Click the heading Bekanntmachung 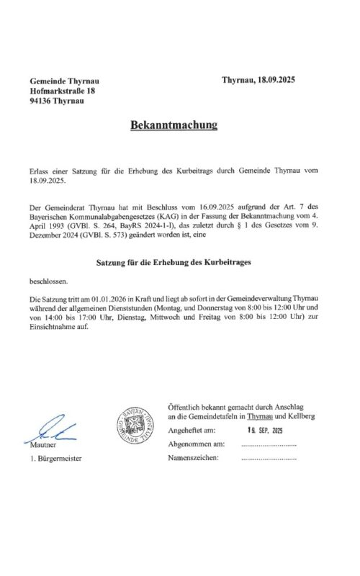point(174,125)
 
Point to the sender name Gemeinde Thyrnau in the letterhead point(63,80)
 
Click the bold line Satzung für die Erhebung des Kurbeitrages point(174,264)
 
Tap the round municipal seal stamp point(135,426)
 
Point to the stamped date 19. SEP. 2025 point(265,430)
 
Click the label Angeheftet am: point(191,431)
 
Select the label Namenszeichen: point(192,458)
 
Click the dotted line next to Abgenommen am point(269,446)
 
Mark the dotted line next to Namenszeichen point(269,459)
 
